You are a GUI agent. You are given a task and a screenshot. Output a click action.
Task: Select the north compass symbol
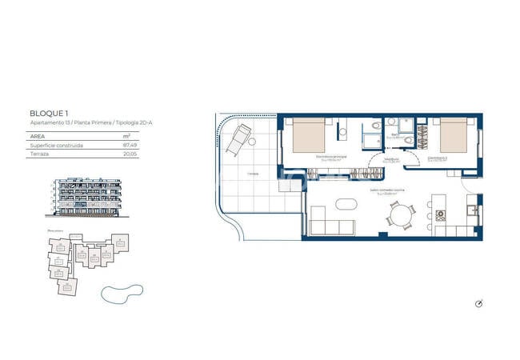479,303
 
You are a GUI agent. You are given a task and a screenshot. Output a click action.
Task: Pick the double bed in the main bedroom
309,137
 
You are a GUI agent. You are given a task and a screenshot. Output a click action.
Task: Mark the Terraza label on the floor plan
253,173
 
